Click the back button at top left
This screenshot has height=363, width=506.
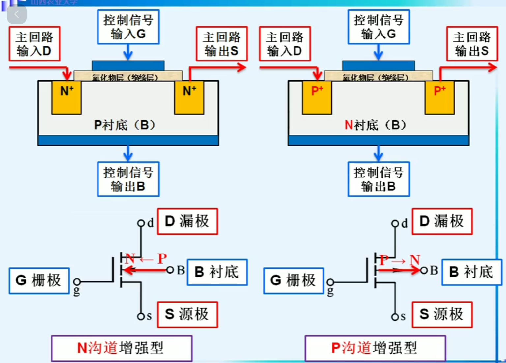[x=16, y=14]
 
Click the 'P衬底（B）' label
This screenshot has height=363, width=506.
[x=125, y=125]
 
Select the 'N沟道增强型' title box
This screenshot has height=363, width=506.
[x=122, y=348]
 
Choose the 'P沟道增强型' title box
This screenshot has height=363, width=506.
[x=375, y=348]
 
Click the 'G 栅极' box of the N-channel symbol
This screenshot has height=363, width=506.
[x=39, y=280]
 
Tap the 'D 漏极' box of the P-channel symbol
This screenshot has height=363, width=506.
[x=442, y=221]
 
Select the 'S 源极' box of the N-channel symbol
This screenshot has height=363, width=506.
[x=187, y=314]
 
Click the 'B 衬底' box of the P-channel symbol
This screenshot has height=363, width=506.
[x=471, y=272]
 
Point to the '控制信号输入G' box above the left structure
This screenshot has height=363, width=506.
[x=128, y=27]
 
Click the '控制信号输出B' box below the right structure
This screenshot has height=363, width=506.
[x=379, y=179]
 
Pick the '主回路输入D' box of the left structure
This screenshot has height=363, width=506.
[x=34, y=44]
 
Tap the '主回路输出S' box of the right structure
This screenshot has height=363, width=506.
[x=472, y=44]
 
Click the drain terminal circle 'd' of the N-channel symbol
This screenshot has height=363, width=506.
[x=141, y=223]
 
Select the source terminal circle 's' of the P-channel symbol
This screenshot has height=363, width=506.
[x=395, y=317]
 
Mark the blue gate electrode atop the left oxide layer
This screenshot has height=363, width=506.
[x=128, y=65]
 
